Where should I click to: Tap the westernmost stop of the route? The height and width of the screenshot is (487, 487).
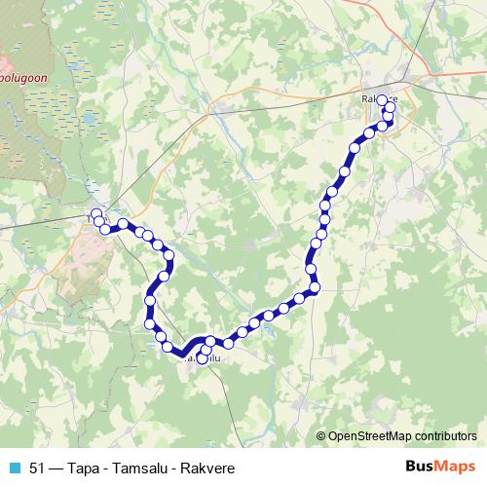(x=95, y=213)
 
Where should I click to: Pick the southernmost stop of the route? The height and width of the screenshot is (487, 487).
(x=203, y=358)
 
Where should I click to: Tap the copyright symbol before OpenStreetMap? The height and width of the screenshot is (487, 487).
(x=321, y=435)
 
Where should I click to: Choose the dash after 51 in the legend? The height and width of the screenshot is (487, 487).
(x=55, y=467)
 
